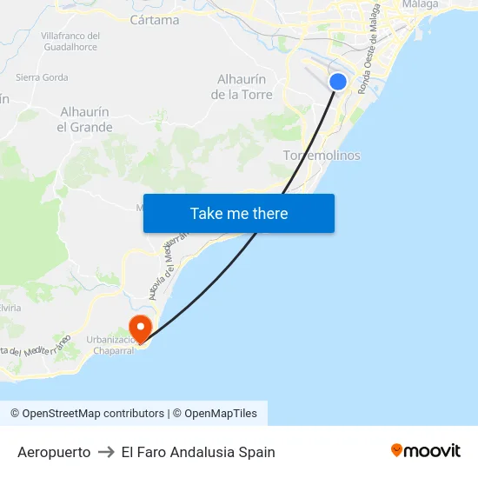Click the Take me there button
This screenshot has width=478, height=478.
(x=239, y=214)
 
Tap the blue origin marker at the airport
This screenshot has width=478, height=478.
(x=338, y=82)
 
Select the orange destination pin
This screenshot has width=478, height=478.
(x=140, y=328)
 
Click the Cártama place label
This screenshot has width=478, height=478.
(x=154, y=20)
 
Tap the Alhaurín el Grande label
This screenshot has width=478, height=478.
(x=85, y=120)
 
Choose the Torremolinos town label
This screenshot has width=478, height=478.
(x=322, y=156)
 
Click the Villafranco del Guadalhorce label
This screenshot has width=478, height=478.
(x=70, y=42)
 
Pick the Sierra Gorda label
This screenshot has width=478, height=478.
(x=42, y=77)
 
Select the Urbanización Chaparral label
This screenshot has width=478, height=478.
(x=110, y=345)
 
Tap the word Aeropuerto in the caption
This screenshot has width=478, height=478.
(x=54, y=452)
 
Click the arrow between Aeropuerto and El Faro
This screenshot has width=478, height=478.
(x=106, y=452)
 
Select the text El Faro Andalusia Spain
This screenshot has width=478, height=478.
(x=198, y=452)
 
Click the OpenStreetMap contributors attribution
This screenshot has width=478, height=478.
(x=88, y=414)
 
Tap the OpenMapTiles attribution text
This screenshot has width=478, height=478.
(x=220, y=414)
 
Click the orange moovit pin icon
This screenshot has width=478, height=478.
(x=397, y=450)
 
